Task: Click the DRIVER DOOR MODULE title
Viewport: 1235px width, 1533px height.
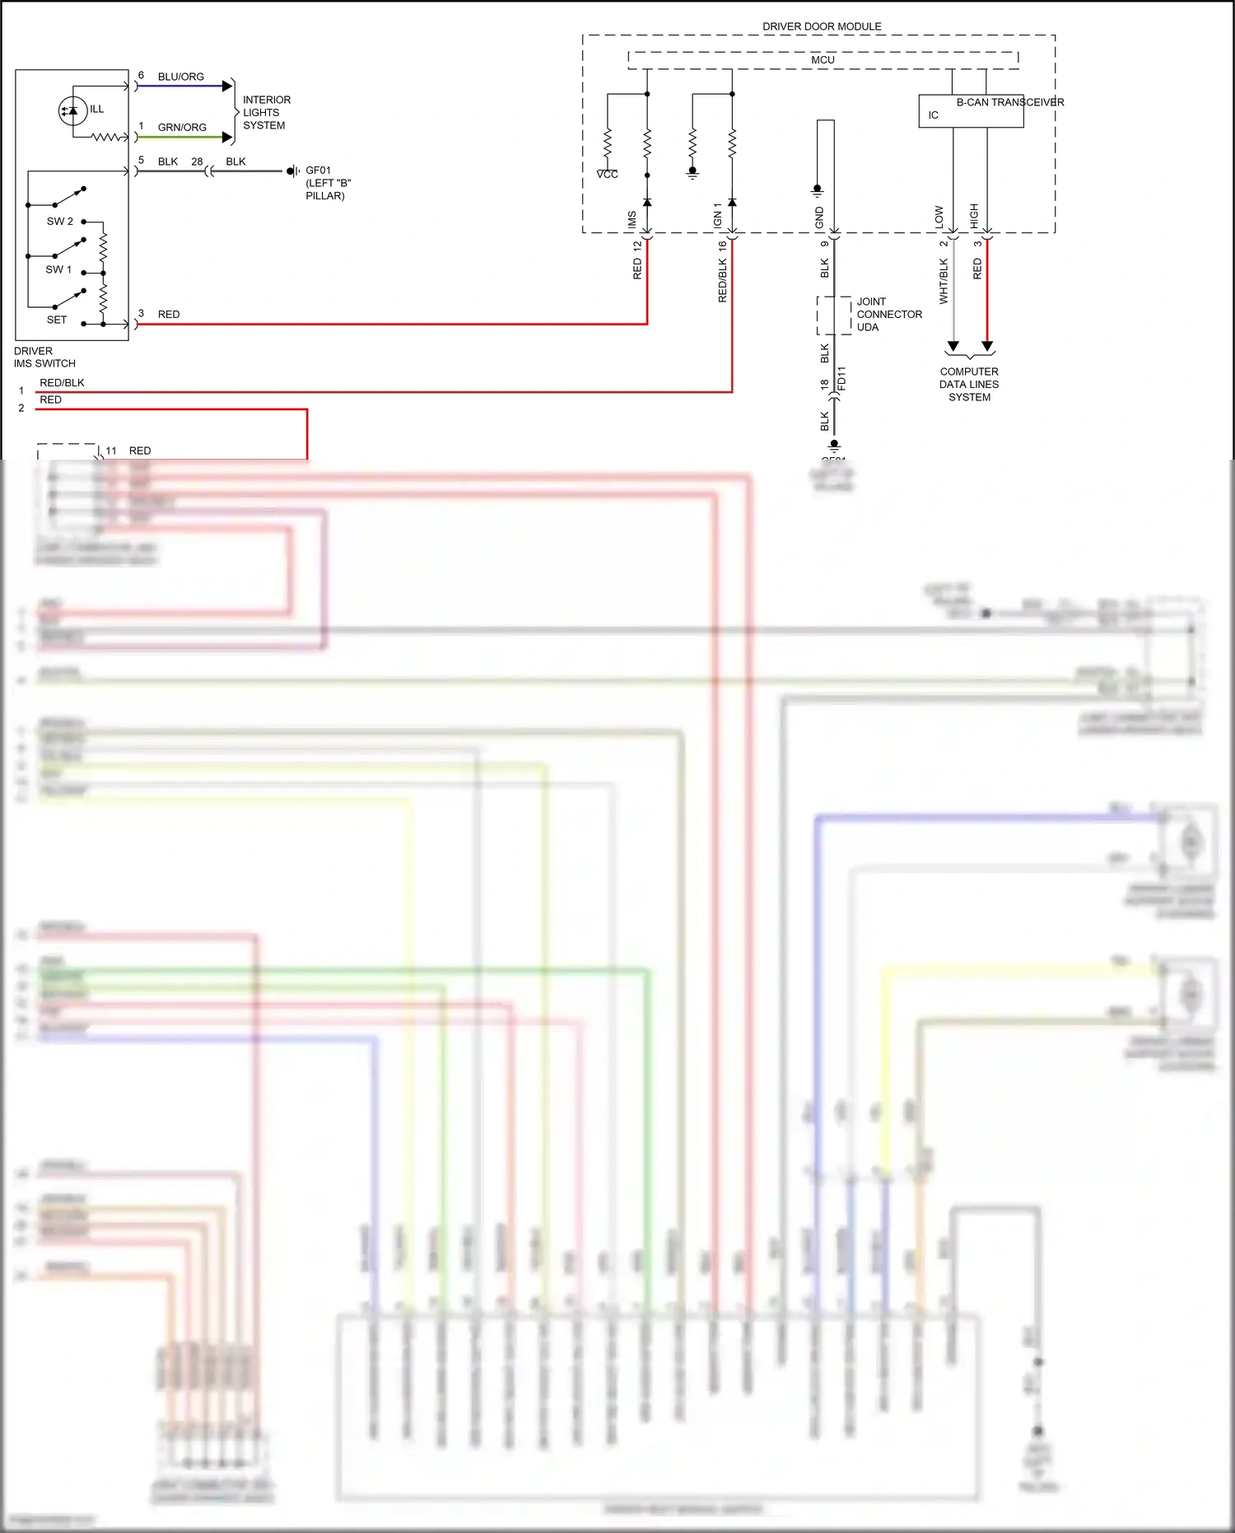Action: pyautogui.click(x=822, y=26)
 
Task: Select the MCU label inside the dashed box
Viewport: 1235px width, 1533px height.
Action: pyautogui.click(x=823, y=60)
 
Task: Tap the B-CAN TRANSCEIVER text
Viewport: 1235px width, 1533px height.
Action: pyautogui.click(x=1009, y=102)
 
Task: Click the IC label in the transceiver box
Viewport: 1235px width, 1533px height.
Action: pyautogui.click(x=933, y=115)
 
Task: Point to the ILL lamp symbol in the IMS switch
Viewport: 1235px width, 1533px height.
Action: pyautogui.click(x=72, y=110)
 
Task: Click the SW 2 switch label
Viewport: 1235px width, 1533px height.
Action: pyautogui.click(x=59, y=222)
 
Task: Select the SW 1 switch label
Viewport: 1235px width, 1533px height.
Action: pyautogui.click(x=58, y=269)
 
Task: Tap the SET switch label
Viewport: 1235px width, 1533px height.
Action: pyautogui.click(x=56, y=320)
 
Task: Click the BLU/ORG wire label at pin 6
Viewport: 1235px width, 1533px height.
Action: pyautogui.click(x=180, y=77)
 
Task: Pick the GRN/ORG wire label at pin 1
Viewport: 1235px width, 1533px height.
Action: pyautogui.click(x=182, y=128)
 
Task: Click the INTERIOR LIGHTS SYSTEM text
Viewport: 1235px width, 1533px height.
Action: pyautogui.click(x=266, y=113)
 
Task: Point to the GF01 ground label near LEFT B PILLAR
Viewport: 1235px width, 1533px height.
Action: pyautogui.click(x=318, y=171)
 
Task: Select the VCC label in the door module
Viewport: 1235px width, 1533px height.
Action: pyautogui.click(x=607, y=175)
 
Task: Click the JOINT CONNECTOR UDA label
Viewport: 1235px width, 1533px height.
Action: pyautogui.click(x=888, y=315)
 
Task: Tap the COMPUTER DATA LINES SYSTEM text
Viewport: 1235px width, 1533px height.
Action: pyautogui.click(x=969, y=385)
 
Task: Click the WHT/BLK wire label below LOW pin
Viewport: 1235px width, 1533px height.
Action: pyautogui.click(x=944, y=281)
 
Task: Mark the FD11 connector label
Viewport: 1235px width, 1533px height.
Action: pyautogui.click(x=841, y=378)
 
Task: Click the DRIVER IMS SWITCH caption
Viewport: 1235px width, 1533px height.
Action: pyautogui.click(x=44, y=358)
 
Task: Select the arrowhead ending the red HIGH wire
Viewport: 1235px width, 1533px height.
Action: pyautogui.click(x=987, y=347)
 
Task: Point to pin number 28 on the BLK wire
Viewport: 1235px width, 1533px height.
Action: pyautogui.click(x=197, y=161)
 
